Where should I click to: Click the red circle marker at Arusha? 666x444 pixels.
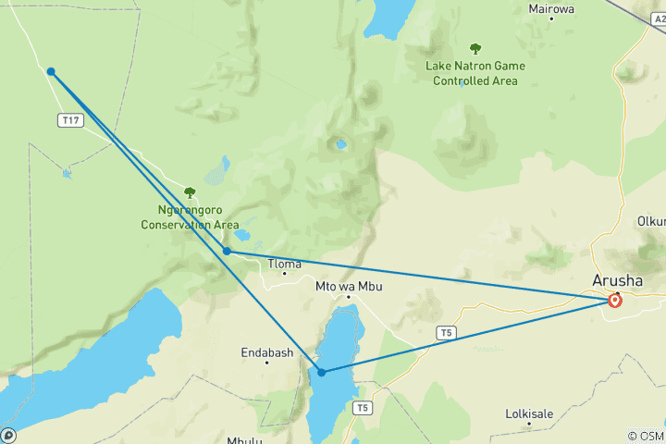tap(615, 300)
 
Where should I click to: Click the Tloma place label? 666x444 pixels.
tap(284, 264)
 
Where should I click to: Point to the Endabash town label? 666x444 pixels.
tap(266, 352)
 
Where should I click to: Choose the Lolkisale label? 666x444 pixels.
tap(533, 413)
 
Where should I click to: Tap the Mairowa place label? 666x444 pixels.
tap(551, 9)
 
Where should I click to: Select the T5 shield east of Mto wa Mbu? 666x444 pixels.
tap(448, 331)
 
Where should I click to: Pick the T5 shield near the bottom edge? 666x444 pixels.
tap(364, 407)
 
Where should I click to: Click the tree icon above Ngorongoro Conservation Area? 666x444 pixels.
tap(190, 192)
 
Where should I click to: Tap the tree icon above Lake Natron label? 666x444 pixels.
tap(475, 48)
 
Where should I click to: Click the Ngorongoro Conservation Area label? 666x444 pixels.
tap(190, 217)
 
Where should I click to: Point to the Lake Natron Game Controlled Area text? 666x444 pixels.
tap(475, 73)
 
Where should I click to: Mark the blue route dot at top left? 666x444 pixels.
tap(51, 71)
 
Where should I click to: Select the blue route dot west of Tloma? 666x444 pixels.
tap(227, 251)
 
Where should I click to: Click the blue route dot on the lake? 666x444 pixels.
tap(321, 372)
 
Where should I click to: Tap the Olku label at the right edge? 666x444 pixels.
tap(651, 221)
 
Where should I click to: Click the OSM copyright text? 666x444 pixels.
tap(646, 436)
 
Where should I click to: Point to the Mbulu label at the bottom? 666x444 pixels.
tap(244, 440)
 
